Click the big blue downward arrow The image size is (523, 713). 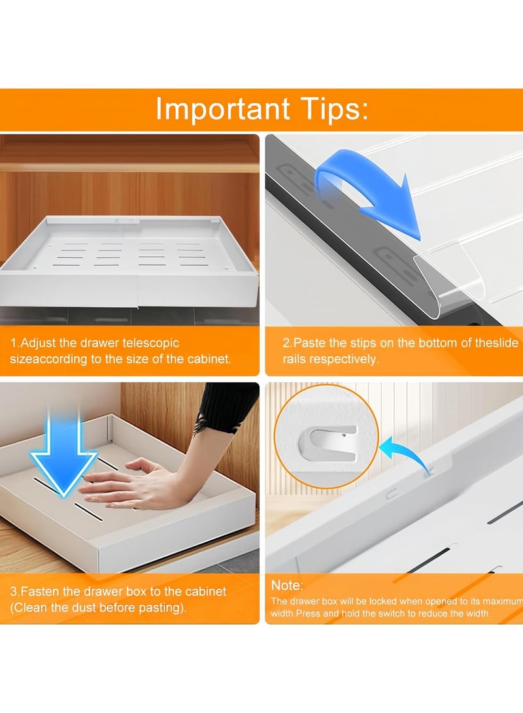[63, 451]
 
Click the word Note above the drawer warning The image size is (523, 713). [286, 586]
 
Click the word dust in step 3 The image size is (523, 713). [97, 607]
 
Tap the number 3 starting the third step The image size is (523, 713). [12, 591]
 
